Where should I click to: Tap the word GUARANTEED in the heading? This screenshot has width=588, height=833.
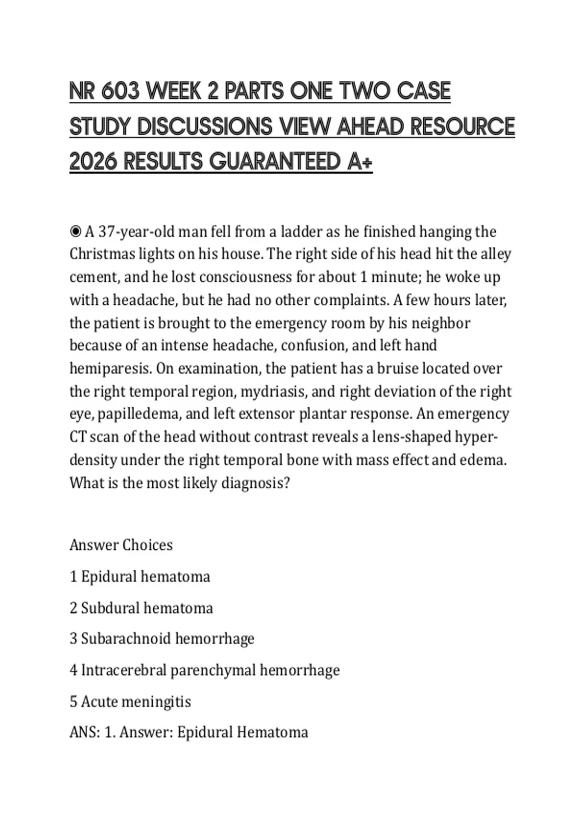click(275, 162)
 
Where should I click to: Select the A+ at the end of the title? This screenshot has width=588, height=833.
click(360, 162)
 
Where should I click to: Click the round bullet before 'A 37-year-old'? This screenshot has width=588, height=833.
click(75, 231)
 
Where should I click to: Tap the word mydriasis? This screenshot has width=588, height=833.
click(273, 392)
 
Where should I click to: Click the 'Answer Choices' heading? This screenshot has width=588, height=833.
click(121, 545)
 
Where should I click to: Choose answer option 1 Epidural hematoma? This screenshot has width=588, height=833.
click(140, 576)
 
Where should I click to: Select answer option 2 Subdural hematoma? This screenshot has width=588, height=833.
click(142, 608)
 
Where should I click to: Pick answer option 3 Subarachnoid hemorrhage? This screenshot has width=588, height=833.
click(162, 639)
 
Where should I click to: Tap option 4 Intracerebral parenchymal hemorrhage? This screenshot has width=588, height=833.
click(205, 670)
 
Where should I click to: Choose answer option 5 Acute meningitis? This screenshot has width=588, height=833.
click(130, 702)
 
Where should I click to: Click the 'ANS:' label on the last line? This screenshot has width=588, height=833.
click(85, 733)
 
